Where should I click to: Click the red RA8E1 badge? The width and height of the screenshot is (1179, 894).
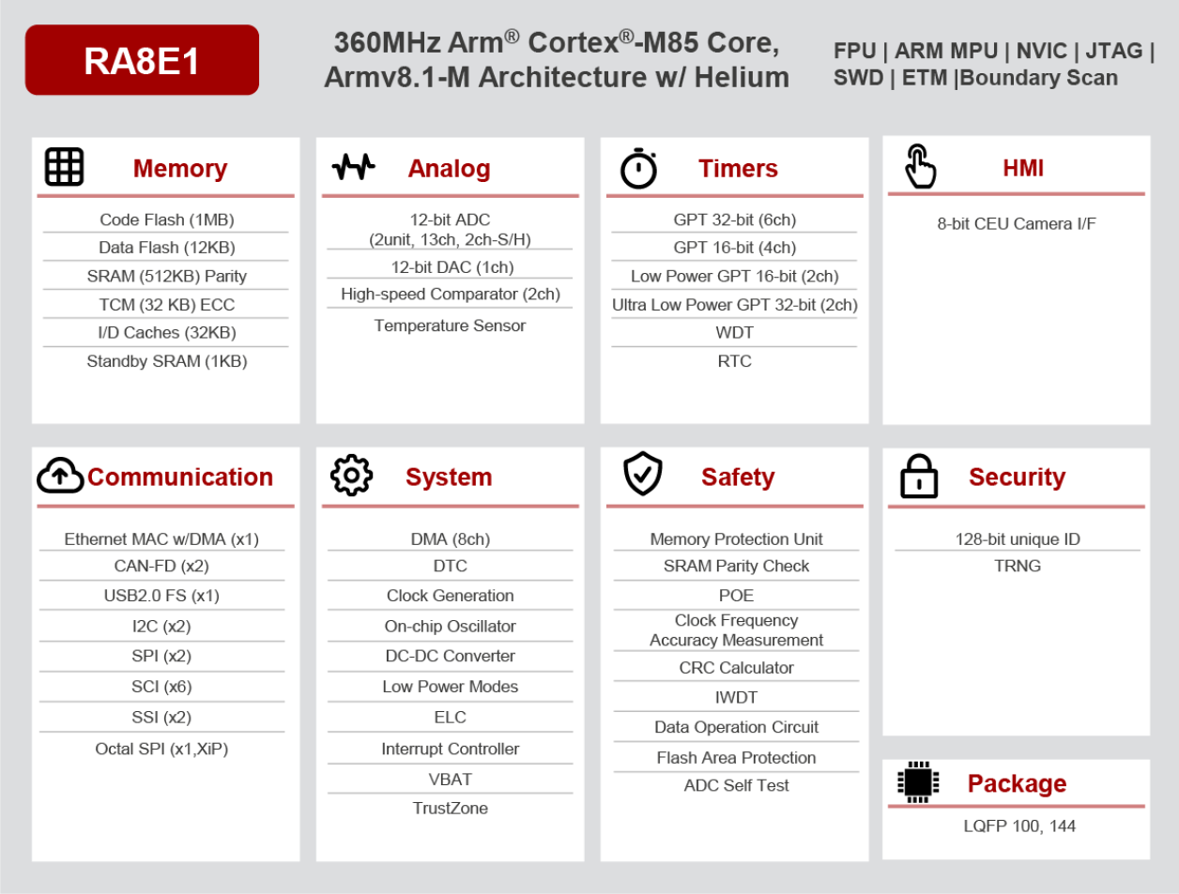[x=142, y=60]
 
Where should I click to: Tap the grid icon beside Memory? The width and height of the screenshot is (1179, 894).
[x=65, y=167]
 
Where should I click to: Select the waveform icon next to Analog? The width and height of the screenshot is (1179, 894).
[x=353, y=167]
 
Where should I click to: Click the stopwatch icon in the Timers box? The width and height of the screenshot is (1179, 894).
[x=638, y=169]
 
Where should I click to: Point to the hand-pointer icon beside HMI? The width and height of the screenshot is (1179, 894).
[x=920, y=167]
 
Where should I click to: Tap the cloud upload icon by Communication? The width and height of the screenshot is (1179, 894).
[x=60, y=476]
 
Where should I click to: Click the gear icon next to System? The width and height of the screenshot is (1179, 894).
[x=351, y=476]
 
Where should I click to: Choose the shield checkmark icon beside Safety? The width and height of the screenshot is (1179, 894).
[x=643, y=474]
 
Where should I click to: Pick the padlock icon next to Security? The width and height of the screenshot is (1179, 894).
[x=919, y=477]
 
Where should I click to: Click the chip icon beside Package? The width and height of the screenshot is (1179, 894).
[x=918, y=781]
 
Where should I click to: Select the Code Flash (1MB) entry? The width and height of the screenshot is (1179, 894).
[x=167, y=220]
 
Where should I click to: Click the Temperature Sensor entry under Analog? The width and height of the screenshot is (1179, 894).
[x=450, y=326]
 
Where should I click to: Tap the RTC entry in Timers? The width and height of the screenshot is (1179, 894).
[x=734, y=361]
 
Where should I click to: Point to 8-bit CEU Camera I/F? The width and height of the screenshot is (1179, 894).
[x=1017, y=223]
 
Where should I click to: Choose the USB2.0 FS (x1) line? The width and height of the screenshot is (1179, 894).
[x=161, y=596]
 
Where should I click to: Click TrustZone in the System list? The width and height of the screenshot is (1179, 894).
[x=450, y=808]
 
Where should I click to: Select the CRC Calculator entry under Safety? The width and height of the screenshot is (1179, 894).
[x=736, y=668]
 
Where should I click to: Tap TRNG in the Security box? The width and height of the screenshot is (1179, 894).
[x=1018, y=566]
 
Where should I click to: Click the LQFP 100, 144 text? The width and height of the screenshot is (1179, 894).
[x=1019, y=826]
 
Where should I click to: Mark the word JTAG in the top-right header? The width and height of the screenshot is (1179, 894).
[x=1114, y=51]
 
